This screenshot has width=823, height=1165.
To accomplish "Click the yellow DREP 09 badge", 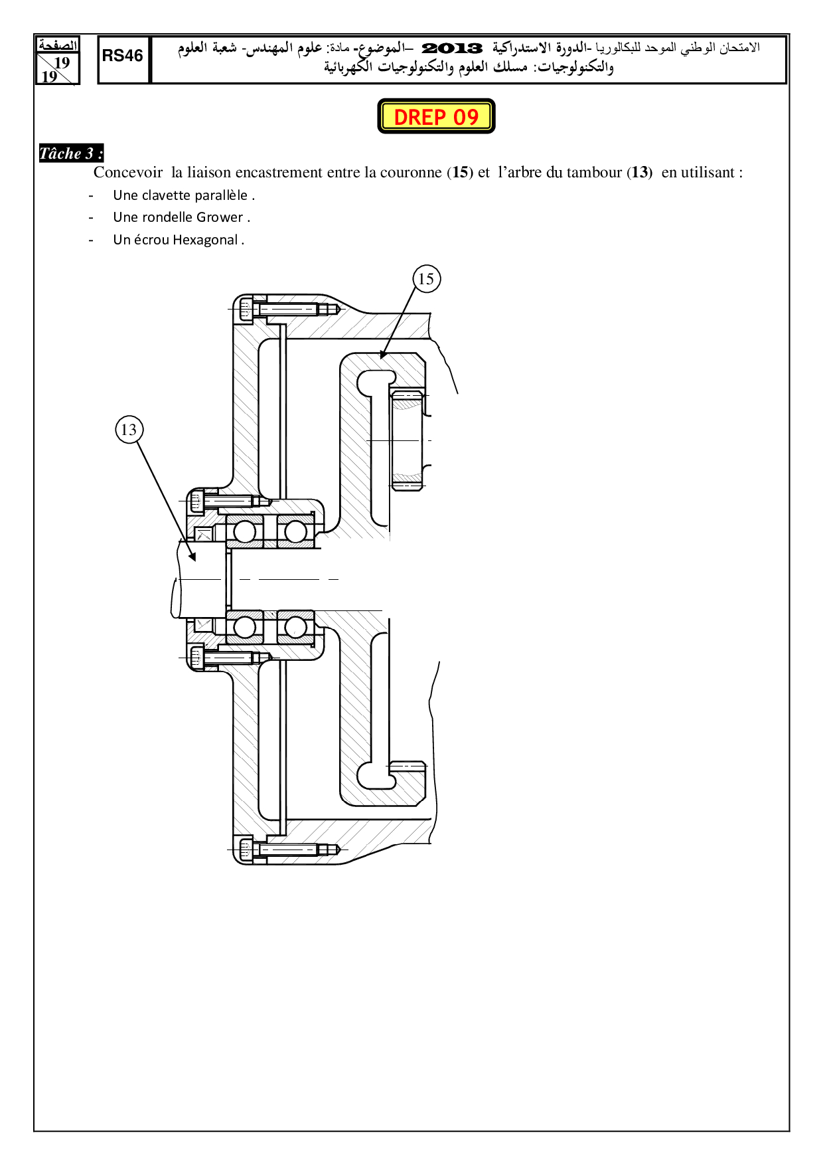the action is coord(436,116).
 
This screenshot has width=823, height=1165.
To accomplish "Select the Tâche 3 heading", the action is coord(71,153).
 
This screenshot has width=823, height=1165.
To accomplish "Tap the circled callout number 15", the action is coord(426,279).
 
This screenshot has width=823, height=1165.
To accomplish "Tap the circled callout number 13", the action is coord(129,430).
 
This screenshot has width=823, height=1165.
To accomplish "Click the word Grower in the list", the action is coord(220,217).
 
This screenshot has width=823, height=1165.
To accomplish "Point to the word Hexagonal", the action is coord(205,240).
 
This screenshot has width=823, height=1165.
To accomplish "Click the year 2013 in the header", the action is coord(452,48).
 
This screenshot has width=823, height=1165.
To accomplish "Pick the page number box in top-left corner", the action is coord(57,60).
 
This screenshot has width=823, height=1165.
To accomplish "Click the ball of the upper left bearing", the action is coord(244,531).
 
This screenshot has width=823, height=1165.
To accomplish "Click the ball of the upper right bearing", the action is coord(295,531).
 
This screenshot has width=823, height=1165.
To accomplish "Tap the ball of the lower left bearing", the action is coord(244,627).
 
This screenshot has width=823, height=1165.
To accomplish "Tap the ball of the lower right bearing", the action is coord(295,627).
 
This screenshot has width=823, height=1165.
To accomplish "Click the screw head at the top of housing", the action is coord(246,309).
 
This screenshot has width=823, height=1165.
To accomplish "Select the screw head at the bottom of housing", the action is coord(246,849).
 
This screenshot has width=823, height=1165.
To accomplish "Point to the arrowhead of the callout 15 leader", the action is coord(382,355).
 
